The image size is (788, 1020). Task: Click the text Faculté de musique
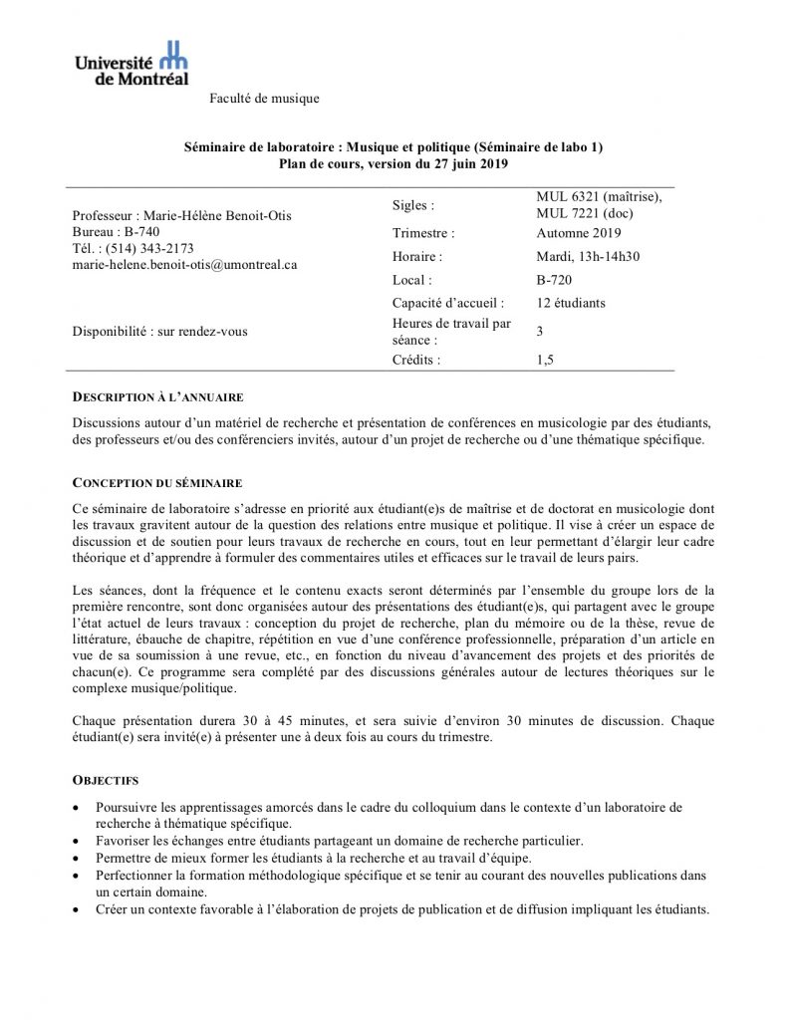(264, 98)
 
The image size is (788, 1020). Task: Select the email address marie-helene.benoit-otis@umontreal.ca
(184, 265)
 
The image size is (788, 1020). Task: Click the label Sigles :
(414, 205)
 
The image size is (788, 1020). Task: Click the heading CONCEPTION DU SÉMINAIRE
(158, 482)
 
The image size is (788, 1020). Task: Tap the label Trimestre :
(423, 234)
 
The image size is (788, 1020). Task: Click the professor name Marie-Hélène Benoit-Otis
(220, 214)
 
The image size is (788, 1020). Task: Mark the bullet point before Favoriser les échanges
(79, 842)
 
